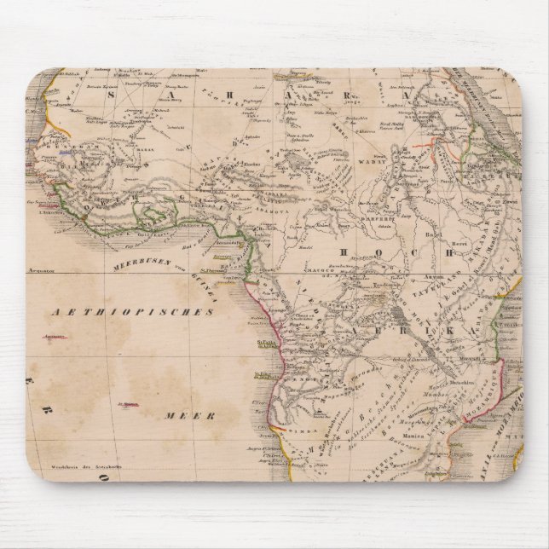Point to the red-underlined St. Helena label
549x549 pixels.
tap(130, 405)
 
